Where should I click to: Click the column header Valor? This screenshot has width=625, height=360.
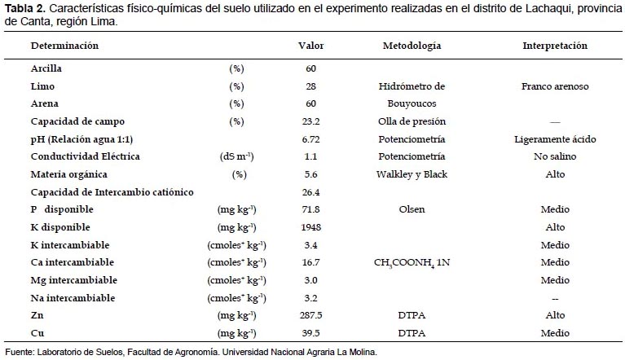(311, 46)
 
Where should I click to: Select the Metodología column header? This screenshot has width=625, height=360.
(412, 46)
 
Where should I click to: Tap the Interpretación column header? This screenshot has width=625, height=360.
(555, 46)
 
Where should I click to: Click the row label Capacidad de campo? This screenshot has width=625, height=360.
(77, 121)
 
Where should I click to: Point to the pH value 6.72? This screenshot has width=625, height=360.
(311, 139)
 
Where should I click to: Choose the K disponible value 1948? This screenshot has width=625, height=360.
(311, 227)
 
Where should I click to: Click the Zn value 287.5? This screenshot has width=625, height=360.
(311, 315)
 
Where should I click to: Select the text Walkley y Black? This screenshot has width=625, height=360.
(412, 174)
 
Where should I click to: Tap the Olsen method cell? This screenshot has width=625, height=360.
(412, 209)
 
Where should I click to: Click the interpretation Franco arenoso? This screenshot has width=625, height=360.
(555, 86)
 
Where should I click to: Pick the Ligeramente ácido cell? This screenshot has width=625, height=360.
(555, 139)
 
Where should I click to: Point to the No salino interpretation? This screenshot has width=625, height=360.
(555, 156)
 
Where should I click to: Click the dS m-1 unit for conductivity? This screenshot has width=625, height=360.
(237, 156)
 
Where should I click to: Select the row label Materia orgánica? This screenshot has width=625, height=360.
(69, 174)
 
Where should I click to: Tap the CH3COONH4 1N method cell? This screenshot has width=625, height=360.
(412, 263)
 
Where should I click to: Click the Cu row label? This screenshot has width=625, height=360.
(37, 333)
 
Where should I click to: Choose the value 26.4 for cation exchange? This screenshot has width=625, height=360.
(311, 192)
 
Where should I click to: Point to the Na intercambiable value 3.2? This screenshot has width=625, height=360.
(311, 298)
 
